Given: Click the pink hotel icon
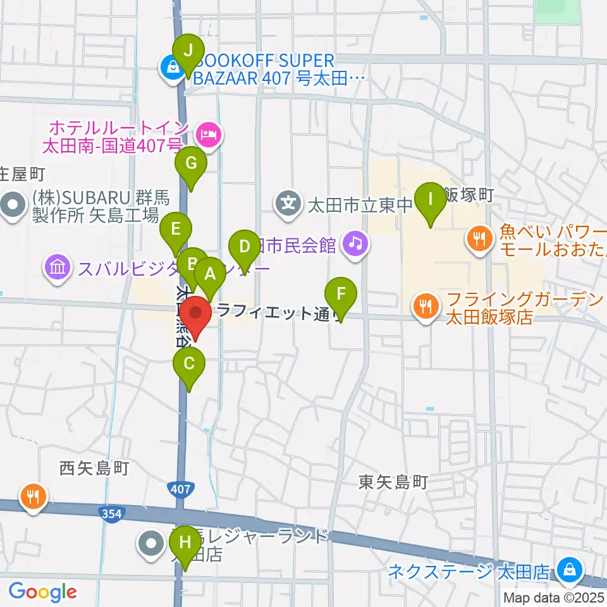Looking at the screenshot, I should [207, 133].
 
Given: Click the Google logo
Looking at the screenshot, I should [42, 592].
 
